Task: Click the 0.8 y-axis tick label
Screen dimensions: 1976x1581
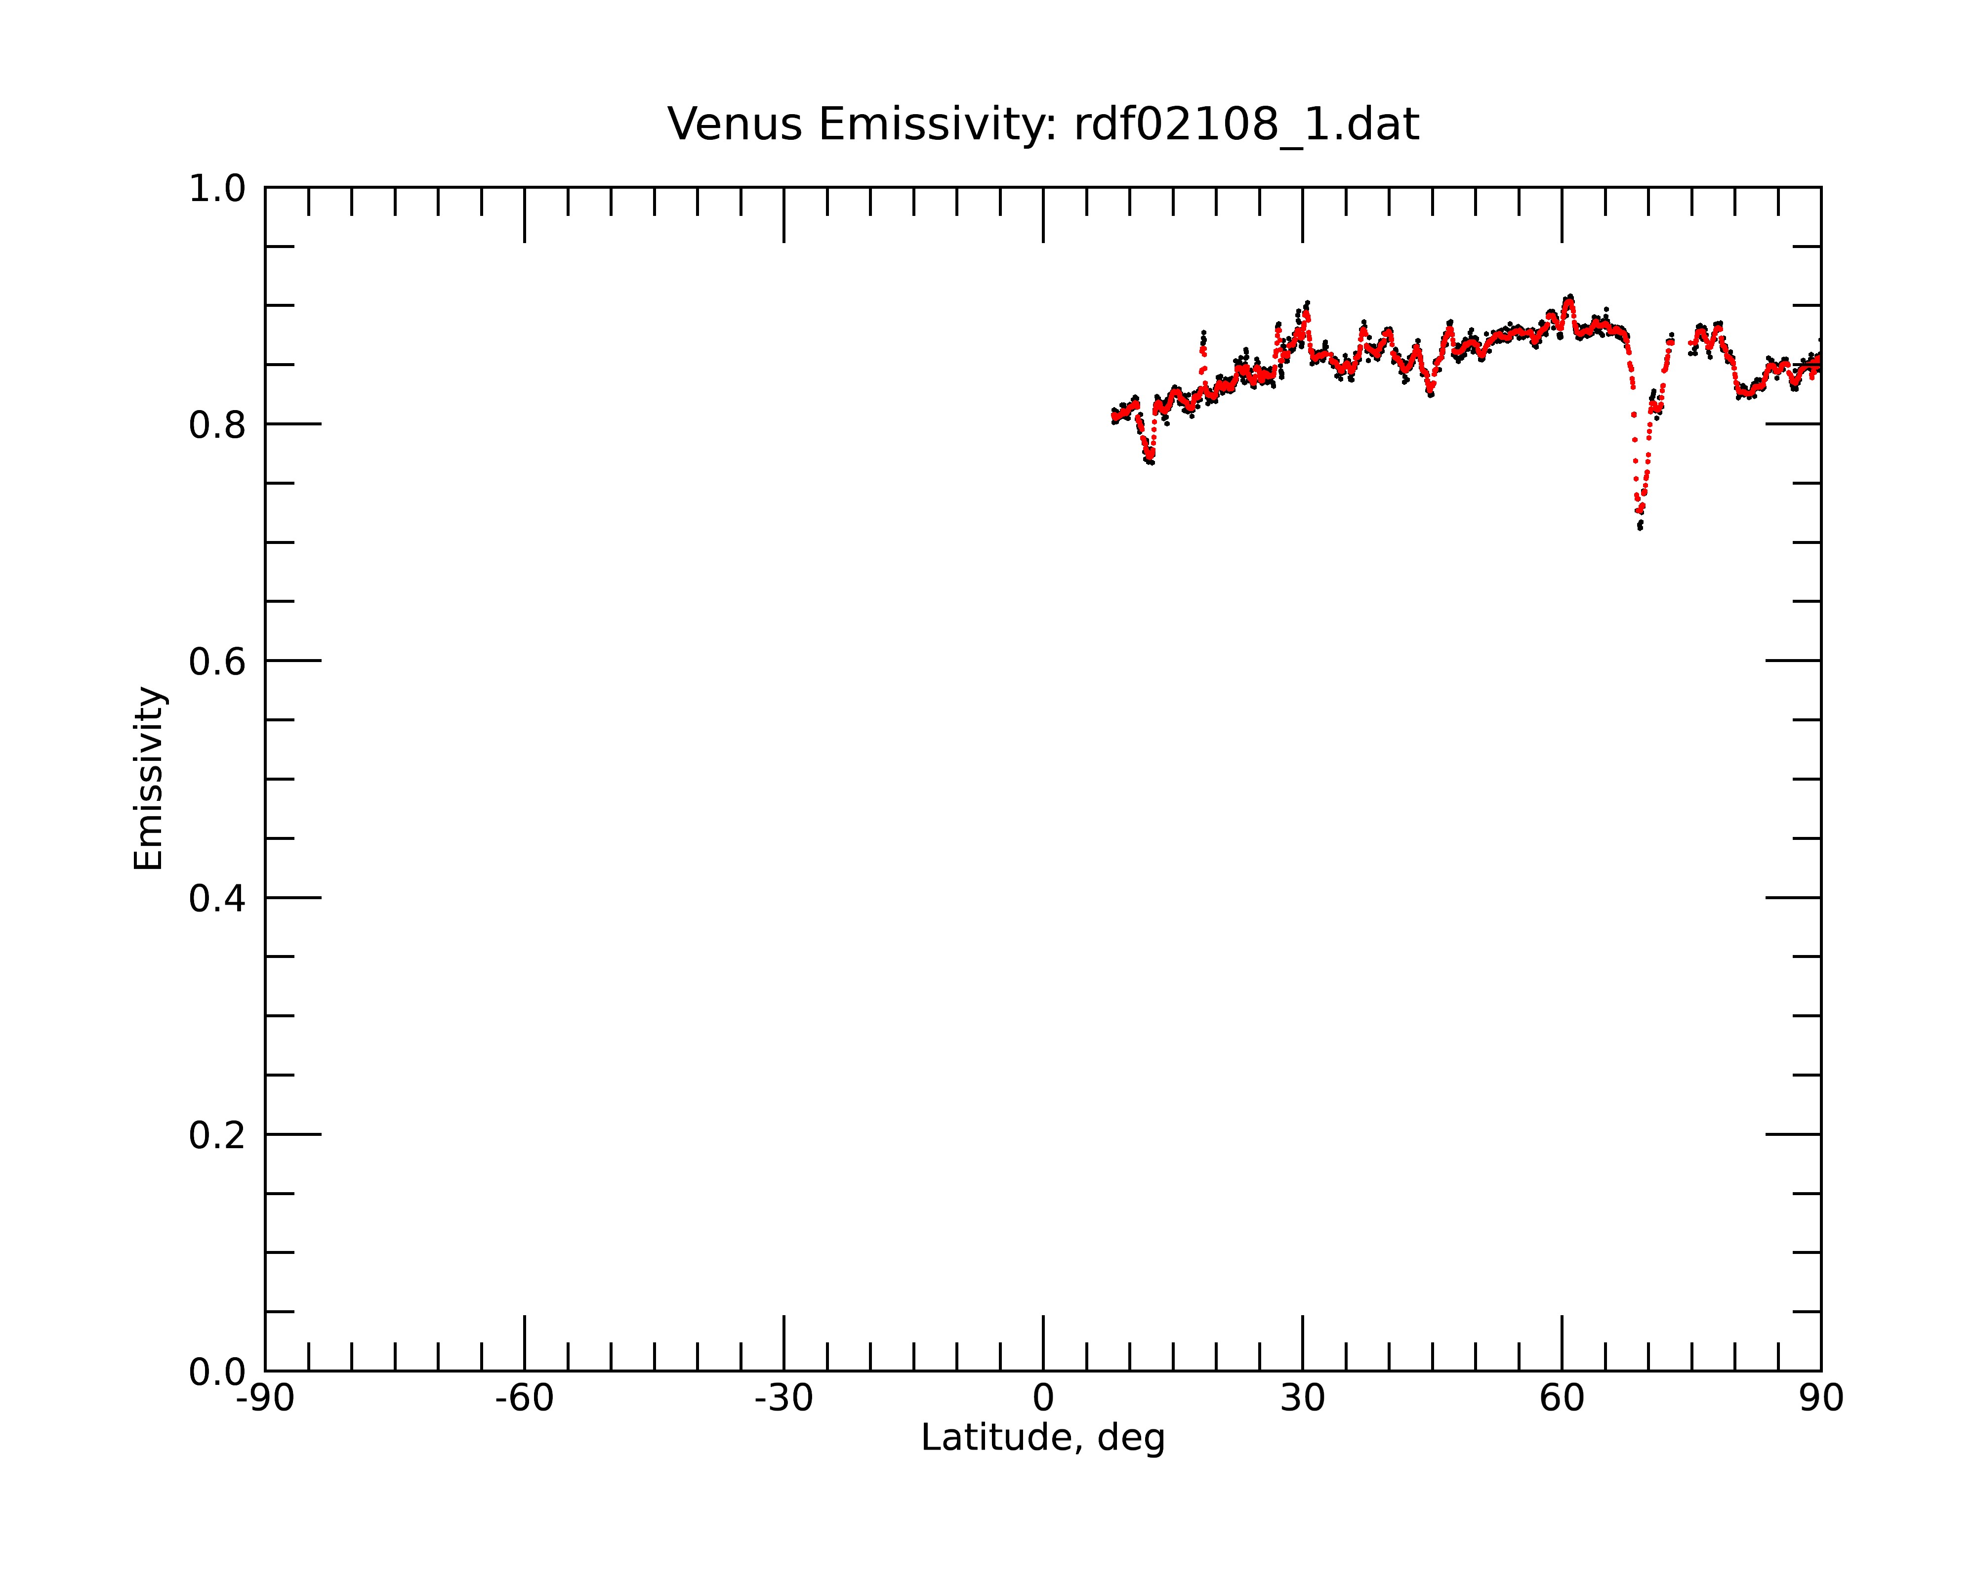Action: (217, 425)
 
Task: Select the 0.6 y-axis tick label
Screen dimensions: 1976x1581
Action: (217, 662)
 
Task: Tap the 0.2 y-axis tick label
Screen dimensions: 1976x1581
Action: (217, 1135)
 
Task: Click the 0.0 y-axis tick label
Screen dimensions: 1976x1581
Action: (217, 1372)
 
